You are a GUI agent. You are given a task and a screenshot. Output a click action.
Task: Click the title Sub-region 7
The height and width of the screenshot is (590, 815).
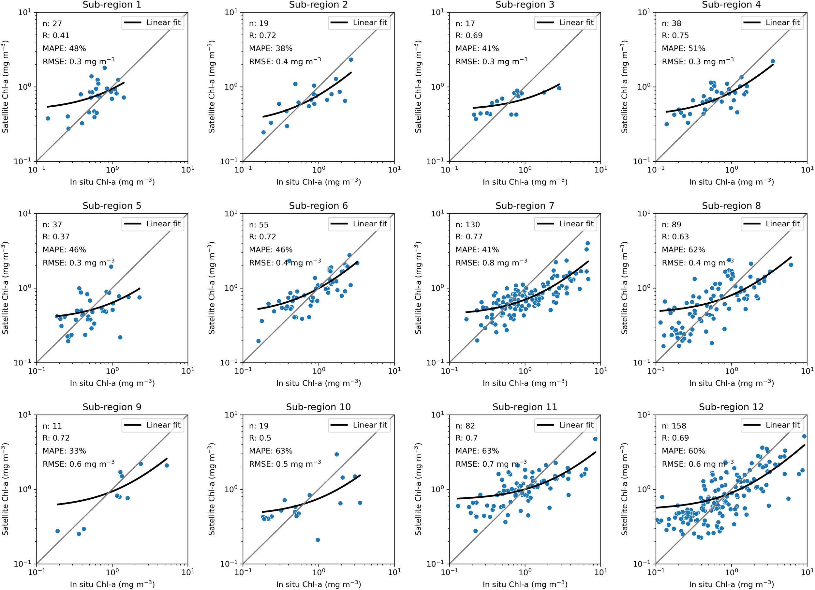tap(524, 206)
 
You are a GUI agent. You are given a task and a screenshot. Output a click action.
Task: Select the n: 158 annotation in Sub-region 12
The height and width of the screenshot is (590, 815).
tap(674, 426)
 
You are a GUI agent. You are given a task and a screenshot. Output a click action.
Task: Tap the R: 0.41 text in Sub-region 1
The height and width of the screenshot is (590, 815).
tap(56, 35)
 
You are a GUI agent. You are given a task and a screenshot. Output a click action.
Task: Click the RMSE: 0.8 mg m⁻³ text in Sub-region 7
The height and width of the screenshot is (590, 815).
tap(491, 263)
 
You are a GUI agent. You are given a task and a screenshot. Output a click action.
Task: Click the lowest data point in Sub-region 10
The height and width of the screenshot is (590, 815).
tap(318, 540)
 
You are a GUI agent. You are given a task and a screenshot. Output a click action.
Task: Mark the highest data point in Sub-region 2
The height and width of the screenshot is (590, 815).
tap(351, 60)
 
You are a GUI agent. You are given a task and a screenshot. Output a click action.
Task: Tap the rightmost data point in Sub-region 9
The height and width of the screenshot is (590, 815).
tap(167, 465)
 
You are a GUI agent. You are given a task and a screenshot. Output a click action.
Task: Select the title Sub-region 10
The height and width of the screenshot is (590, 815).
tap(318, 407)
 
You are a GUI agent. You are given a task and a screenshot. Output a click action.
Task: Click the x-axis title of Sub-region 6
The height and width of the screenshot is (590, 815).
tap(318, 383)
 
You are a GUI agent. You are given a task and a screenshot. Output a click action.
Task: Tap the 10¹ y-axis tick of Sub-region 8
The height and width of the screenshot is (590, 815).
tap(646, 214)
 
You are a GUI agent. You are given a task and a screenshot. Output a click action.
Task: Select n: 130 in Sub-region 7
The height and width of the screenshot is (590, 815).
tap(467, 225)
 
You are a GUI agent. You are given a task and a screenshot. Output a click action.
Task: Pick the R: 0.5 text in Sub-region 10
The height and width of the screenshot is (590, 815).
tap(260, 438)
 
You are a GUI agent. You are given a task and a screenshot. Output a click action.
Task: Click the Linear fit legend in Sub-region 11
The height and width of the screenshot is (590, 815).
tap(565, 425)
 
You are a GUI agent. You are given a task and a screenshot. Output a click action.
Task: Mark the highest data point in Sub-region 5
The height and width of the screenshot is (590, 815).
tap(111, 266)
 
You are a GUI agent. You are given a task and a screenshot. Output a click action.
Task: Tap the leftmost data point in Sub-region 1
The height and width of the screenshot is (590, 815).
tap(48, 118)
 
